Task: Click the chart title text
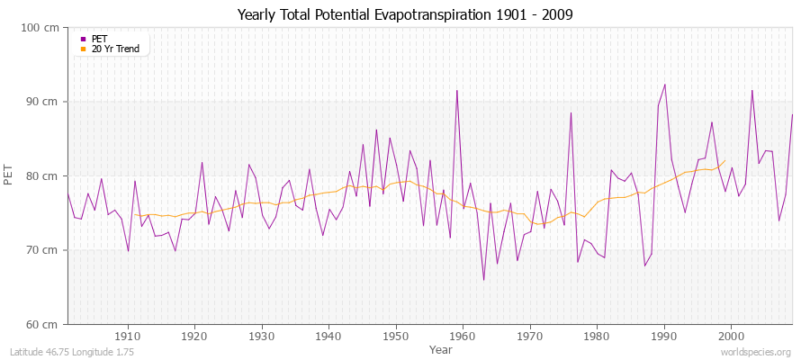tap(405, 14)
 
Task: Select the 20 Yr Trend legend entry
tap(115, 49)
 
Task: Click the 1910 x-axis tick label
tap(128, 336)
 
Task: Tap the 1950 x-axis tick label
tap(395, 336)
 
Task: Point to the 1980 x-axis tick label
tap(596, 336)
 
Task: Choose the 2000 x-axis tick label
tap(730, 336)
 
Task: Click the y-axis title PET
tap(10, 175)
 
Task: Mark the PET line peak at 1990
tap(665, 85)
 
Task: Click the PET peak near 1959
tap(457, 90)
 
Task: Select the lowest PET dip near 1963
tap(483, 280)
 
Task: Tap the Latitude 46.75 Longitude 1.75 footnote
tap(72, 352)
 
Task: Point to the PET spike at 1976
tap(571, 112)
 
